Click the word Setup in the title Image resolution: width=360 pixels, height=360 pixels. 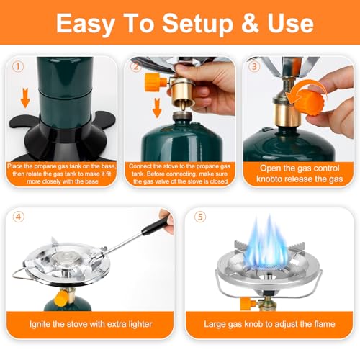[x=198, y=24]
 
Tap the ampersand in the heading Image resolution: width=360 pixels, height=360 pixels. [x=251, y=23]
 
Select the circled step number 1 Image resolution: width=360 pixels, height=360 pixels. [x=18, y=66]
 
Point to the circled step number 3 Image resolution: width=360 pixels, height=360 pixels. [x=254, y=66]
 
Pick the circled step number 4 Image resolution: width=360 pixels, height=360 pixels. [x=19, y=217]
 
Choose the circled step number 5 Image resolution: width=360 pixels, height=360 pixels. [x=200, y=217]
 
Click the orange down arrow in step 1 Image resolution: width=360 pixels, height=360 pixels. [x=25, y=98]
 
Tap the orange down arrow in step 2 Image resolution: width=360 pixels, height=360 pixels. [x=157, y=108]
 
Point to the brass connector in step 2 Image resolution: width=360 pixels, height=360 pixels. [x=181, y=94]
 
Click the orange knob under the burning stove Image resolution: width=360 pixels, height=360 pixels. [x=248, y=303]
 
